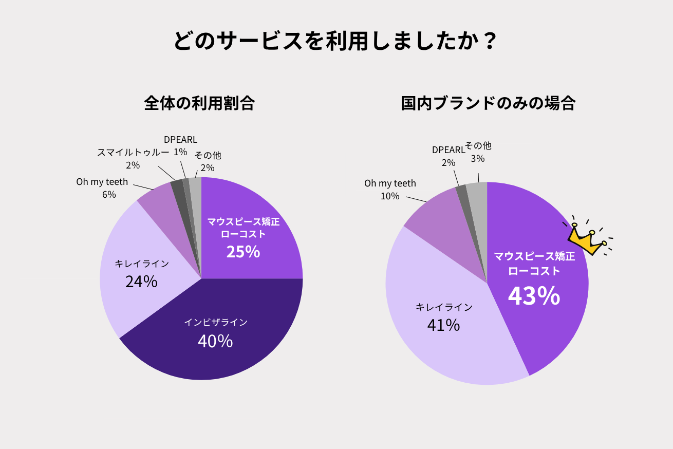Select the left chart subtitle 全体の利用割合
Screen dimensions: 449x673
point(199,103)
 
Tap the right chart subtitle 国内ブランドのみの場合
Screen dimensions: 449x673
point(488,103)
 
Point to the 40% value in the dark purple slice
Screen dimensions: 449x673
point(215,341)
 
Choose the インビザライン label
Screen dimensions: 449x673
point(216,322)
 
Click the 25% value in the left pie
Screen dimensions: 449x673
point(243,252)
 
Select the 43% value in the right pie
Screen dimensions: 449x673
point(534,296)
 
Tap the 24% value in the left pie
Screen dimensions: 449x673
point(141,282)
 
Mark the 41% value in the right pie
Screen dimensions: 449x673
point(443,325)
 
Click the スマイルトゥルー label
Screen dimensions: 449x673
point(133,153)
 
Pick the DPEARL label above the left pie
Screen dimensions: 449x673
point(180,140)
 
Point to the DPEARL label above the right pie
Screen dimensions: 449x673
point(448,150)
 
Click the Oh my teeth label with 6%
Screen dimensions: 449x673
point(102,182)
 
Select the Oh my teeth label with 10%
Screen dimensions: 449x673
point(390,183)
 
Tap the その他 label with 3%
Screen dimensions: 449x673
point(478,146)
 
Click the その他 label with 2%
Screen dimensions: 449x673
point(208,156)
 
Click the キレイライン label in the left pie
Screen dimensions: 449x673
point(141,264)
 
